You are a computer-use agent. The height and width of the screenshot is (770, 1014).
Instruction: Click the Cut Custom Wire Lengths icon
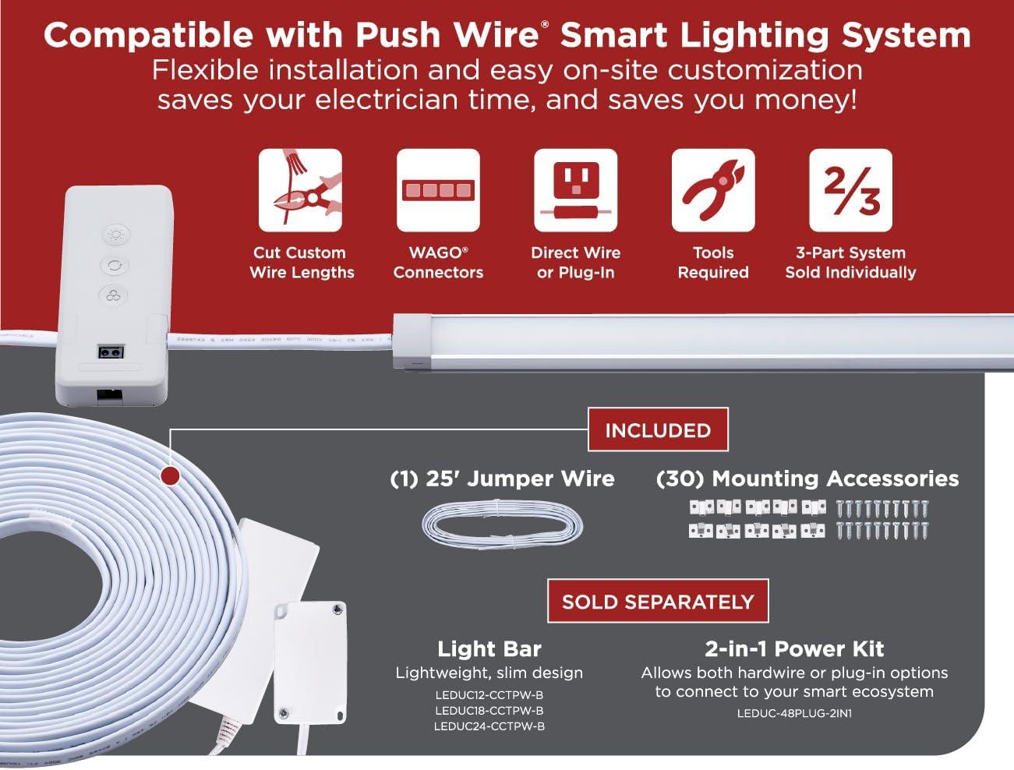(x=300, y=190)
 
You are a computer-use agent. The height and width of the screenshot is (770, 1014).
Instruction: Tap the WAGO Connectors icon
(x=438, y=190)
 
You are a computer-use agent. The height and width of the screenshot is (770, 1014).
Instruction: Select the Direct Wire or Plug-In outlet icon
(x=575, y=190)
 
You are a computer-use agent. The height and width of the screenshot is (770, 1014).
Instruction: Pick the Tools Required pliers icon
(x=712, y=190)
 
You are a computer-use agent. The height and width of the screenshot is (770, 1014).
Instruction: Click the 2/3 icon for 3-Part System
(x=850, y=190)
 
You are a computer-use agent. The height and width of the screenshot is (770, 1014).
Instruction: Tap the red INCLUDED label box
(x=658, y=429)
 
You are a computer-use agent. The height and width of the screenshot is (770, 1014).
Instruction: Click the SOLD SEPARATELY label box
(x=658, y=601)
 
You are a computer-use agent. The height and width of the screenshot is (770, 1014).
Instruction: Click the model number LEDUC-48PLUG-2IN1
(x=794, y=712)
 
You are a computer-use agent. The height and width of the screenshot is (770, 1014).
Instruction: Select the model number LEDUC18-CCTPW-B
(x=489, y=710)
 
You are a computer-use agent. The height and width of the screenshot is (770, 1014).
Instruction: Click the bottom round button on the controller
(x=114, y=295)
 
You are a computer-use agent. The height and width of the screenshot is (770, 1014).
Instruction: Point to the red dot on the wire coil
(x=169, y=475)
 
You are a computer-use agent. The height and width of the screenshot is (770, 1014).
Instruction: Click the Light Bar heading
(x=489, y=648)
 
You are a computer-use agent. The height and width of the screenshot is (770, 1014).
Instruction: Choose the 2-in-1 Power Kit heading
(x=794, y=648)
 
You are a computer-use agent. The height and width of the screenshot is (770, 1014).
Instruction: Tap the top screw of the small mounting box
(x=336, y=609)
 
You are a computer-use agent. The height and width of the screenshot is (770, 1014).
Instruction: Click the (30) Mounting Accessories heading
(x=807, y=478)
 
